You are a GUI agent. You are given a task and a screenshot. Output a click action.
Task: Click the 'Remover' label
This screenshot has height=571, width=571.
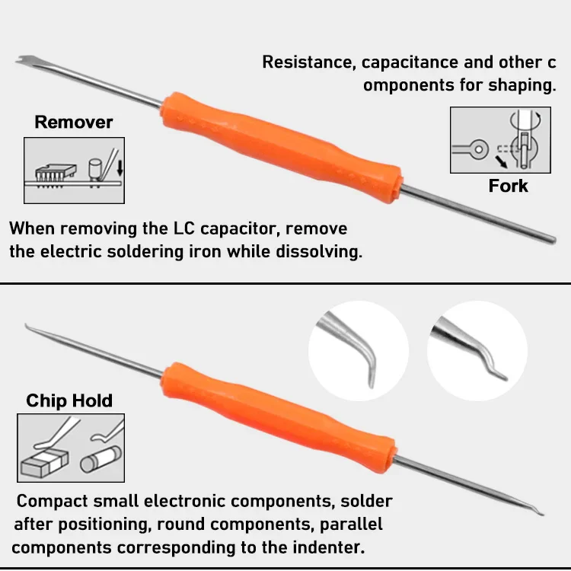pyautogui.click(x=74, y=122)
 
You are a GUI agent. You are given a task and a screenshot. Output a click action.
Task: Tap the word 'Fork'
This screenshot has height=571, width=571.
pyautogui.click(x=508, y=186)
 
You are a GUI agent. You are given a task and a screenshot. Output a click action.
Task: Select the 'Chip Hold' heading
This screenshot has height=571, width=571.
pyautogui.click(x=69, y=400)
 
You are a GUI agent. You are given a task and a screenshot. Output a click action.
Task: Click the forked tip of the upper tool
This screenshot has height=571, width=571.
pyautogui.click(x=24, y=60)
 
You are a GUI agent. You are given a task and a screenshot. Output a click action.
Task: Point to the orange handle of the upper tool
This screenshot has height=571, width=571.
pyautogui.click(x=281, y=148)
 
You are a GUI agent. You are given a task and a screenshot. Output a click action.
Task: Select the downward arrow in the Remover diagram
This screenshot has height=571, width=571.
pyautogui.click(x=120, y=168)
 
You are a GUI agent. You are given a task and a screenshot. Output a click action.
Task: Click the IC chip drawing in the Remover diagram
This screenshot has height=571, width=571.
pyautogui.click(x=56, y=175)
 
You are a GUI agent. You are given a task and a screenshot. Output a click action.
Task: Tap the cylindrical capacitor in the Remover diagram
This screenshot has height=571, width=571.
pyautogui.click(x=94, y=169)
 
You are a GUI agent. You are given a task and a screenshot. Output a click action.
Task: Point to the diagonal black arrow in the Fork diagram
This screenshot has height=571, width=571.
pyautogui.click(x=501, y=162)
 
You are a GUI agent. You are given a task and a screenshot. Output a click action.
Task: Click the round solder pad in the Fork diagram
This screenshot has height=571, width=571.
pyautogui.click(x=479, y=149)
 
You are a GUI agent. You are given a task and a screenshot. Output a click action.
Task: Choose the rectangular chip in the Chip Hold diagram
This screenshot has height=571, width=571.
pyautogui.click(x=45, y=462)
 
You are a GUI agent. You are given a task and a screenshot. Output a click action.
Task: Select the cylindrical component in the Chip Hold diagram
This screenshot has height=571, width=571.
pyautogui.click(x=100, y=459)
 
